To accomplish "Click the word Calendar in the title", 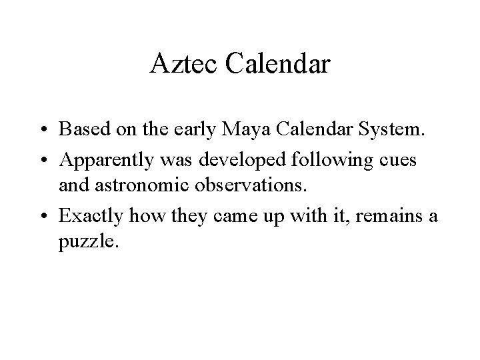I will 279,64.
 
